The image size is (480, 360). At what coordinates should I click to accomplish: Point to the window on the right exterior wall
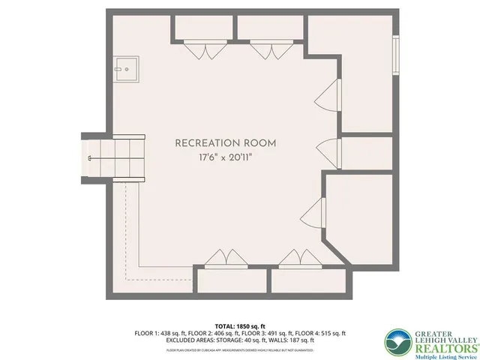[395, 56]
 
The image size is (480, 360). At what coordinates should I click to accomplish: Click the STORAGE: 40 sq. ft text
[248, 341]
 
